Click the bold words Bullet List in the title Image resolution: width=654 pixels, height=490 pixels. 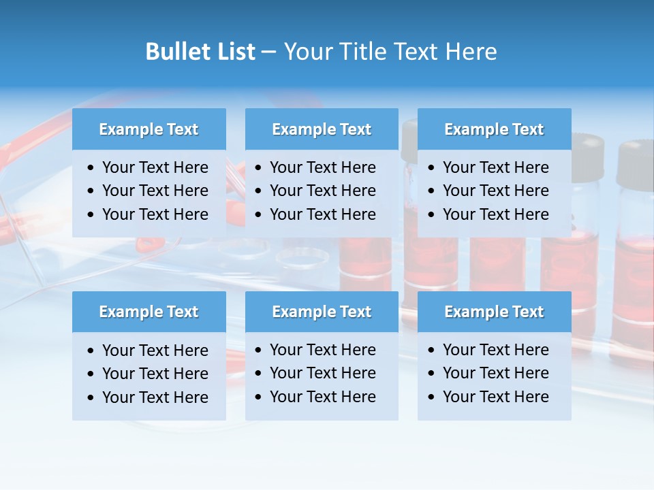click(200, 52)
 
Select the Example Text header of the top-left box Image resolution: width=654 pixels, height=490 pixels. click(149, 129)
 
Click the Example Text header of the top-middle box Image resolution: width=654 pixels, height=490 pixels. click(322, 129)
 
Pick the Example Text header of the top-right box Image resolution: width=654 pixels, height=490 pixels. click(494, 129)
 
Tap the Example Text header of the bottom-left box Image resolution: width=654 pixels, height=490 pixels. click(149, 312)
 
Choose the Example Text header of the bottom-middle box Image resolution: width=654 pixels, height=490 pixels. click(322, 312)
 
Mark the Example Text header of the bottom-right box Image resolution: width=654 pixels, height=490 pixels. click(494, 312)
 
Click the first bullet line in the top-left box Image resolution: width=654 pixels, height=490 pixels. click(155, 167)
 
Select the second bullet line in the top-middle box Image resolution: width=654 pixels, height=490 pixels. click(322, 191)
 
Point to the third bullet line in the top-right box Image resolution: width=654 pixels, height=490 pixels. click(495, 214)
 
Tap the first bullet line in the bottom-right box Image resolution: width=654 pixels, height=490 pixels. click(495, 350)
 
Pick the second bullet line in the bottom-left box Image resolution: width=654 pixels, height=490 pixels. click(155, 374)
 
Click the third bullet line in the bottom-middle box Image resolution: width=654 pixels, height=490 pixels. click(322, 397)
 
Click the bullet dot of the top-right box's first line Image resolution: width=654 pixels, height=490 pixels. click(432, 168)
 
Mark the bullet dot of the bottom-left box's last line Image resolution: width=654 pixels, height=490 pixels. click(91, 397)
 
